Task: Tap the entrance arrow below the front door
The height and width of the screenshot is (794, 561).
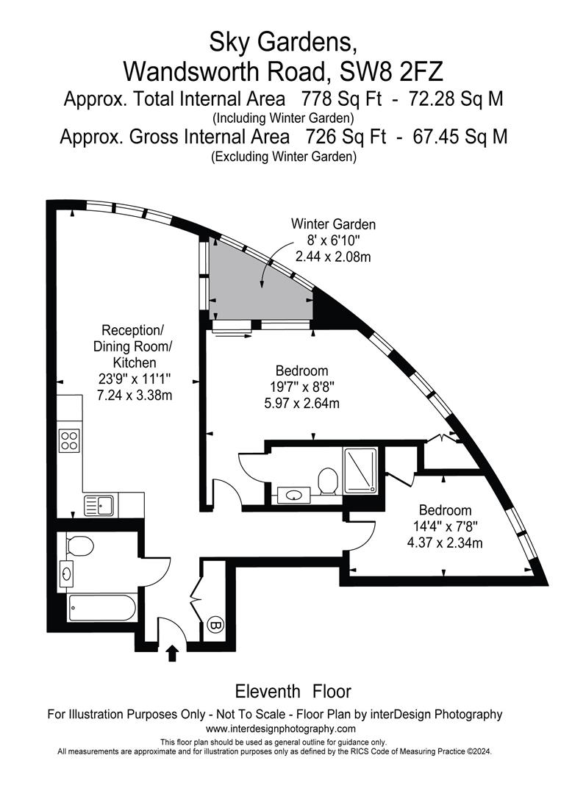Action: click(x=172, y=654)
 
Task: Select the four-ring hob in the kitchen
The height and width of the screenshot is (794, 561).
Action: click(x=69, y=440)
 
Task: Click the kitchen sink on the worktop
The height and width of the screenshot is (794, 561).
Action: click(x=99, y=505)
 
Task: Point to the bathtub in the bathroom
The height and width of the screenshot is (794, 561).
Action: click(x=102, y=608)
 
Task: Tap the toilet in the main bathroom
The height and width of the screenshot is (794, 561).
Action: click(x=79, y=546)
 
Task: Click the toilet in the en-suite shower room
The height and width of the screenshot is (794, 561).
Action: click(x=328, y=481)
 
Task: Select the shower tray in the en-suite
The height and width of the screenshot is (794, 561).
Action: click(x=360, y=471)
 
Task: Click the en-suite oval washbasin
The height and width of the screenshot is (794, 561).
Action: click(x=295, y=495)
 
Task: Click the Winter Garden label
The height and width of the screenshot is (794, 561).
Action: click(x=333, y=223)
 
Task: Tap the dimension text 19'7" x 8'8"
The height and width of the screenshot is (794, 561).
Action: click(x=301, y=387)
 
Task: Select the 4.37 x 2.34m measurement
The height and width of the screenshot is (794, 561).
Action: click(x=445, y=543)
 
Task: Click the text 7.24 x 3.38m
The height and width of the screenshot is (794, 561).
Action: click(x=135, y=395)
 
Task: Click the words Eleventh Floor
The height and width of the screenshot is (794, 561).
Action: click(x=293, y=690)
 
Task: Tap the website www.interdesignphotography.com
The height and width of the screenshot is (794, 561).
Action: click(x=281, y=729)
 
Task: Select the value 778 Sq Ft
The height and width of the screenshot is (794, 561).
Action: click(x=341, y=99)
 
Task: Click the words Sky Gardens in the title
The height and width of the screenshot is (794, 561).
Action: click(x=283, y=43)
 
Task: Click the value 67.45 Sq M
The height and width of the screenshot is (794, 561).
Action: click(x=460, y=137)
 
